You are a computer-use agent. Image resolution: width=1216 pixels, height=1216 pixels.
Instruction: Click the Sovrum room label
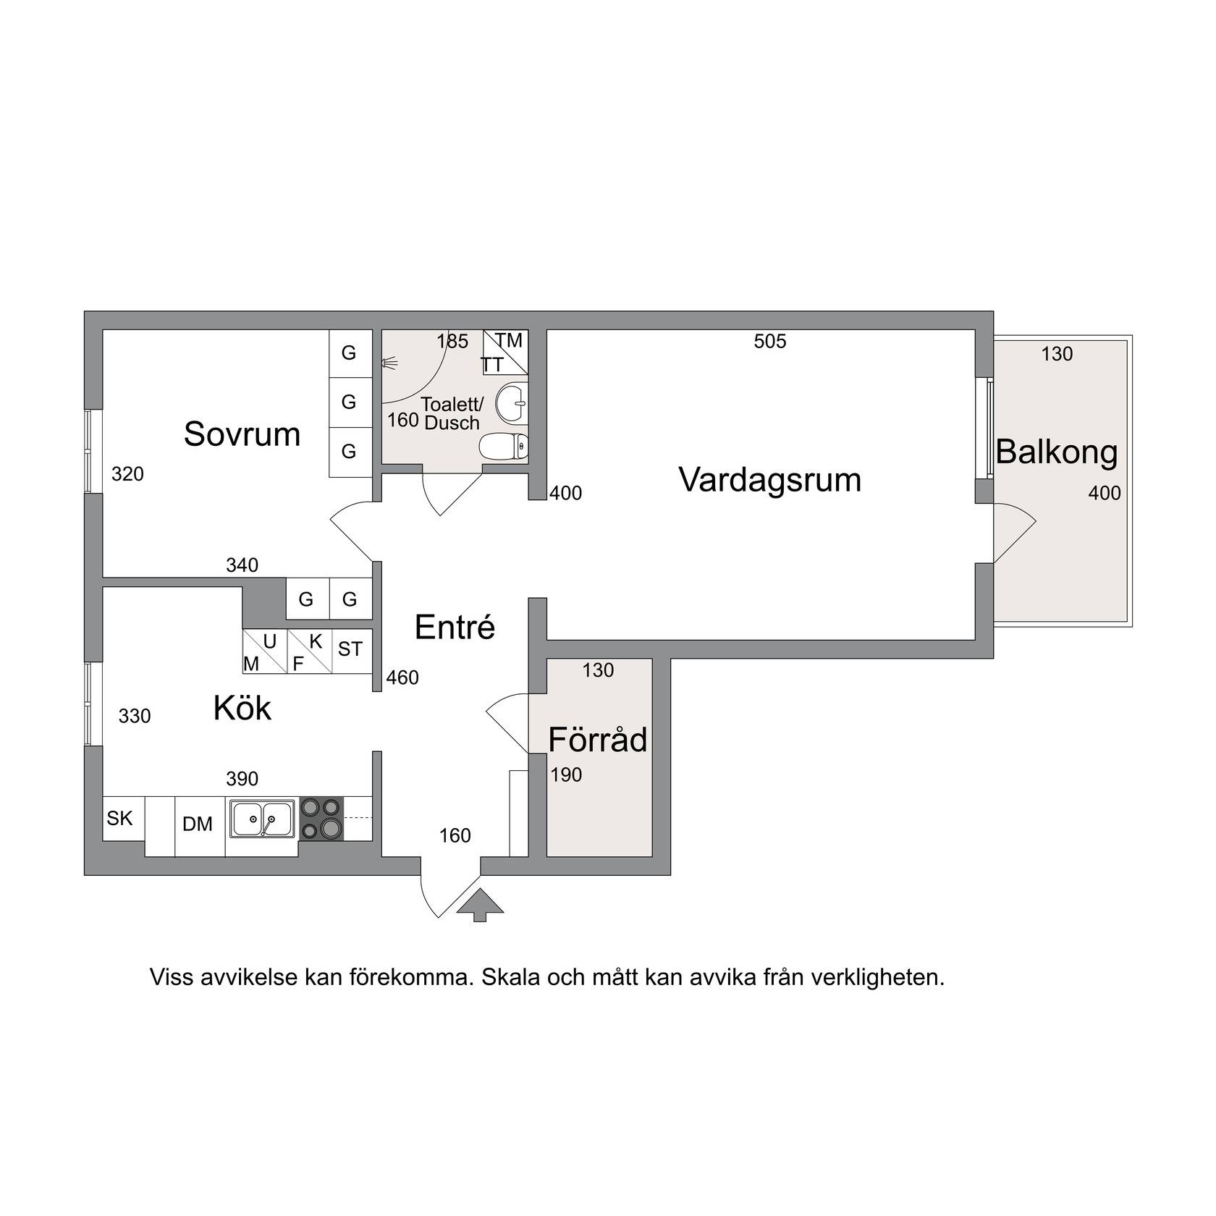tap(242, 434)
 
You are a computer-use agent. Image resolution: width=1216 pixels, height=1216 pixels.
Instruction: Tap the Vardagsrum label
tap(770, 480)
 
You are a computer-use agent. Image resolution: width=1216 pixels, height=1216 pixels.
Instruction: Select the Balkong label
tap(1057, 452)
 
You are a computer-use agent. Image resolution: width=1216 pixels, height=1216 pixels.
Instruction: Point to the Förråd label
tap(598, 739)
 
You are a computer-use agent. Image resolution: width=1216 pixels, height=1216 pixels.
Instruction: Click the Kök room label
tap(242, 708)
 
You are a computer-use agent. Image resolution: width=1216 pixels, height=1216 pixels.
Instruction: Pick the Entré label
tap(455, 627)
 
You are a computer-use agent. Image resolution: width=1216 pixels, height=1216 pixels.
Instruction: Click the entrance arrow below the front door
tap(479, 905)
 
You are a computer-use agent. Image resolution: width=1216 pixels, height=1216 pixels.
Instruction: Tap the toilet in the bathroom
tap(504, 446)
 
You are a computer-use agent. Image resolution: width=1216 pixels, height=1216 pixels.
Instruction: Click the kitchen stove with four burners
tap(321, 819)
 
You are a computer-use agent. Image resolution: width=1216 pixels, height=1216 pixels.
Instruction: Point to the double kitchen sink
tap(262, 819)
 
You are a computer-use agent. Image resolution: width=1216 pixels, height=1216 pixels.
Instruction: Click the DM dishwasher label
tap(198, 824)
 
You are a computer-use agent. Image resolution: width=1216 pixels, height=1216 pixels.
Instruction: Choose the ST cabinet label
tap(350, 649)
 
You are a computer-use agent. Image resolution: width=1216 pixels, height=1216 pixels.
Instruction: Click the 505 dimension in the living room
tap(770, 341)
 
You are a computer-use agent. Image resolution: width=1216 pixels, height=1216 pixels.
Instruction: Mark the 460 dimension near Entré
tap(402, 677)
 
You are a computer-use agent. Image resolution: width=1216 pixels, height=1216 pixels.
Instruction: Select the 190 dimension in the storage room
tap(566, 775)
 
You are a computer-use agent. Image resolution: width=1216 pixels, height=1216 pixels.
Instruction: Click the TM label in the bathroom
tap(509, 340)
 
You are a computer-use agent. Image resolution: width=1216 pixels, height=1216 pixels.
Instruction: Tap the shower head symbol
tap(390, 363)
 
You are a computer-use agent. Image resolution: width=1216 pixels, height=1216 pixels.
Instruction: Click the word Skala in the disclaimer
tap(511, 978)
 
